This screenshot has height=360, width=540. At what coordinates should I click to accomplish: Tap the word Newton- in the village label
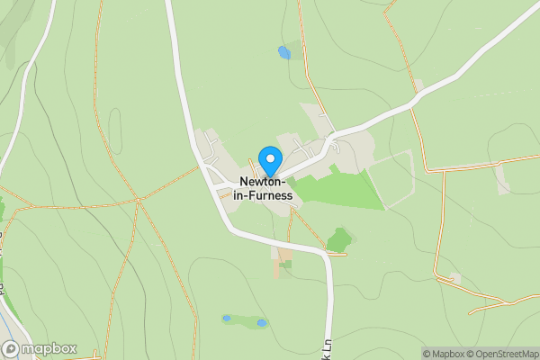coord(263,180)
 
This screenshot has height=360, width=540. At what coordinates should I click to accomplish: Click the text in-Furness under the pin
coord(263,194)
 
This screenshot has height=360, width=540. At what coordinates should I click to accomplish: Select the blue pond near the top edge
coord(284,52)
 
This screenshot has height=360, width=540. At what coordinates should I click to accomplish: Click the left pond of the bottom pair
coord(227,318)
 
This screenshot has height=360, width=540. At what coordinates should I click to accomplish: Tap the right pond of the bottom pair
coord(261,322)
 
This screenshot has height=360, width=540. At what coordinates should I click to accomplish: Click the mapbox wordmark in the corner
coord(49,348)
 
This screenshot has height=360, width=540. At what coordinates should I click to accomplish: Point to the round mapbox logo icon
coord(11,348)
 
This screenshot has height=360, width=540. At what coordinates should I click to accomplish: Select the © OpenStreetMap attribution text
coord(503,354)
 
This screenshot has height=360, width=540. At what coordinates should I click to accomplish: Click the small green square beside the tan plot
coord(285,265)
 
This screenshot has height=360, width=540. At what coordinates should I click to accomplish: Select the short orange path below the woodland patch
coord(337,255)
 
